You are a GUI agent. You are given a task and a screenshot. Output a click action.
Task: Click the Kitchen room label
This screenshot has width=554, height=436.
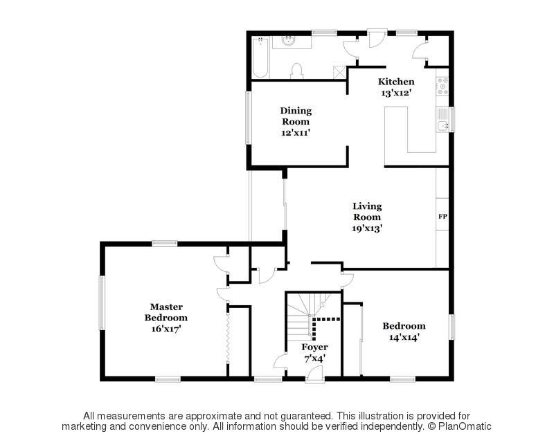[396, 82]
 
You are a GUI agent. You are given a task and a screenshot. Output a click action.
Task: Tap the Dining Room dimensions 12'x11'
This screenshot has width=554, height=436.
[296, 133]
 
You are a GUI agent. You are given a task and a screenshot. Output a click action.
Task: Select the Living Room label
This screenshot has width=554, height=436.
[367, 212]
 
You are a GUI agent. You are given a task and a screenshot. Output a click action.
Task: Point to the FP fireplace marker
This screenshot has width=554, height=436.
[443, 217]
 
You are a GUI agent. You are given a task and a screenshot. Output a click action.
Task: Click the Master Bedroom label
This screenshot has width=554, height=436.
[166, 312]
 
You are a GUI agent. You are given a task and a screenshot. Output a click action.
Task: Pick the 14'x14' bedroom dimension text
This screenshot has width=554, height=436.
[404, 337]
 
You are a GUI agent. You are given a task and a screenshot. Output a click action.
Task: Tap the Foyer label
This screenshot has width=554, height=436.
[314, 347]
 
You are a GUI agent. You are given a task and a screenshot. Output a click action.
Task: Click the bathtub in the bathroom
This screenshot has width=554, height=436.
[260, 57]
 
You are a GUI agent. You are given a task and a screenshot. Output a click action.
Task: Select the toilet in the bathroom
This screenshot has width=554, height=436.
[297, 71]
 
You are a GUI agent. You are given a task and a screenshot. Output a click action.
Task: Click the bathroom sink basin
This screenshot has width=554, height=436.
[289, 42]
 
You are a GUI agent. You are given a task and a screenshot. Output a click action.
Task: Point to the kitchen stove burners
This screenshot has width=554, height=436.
[443, 86]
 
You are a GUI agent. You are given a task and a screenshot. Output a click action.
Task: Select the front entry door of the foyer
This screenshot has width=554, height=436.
[314, 374]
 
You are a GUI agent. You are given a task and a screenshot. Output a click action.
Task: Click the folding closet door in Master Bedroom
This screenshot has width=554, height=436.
[228, 338]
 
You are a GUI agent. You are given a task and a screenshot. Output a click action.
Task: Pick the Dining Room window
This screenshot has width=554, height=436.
[249, 118]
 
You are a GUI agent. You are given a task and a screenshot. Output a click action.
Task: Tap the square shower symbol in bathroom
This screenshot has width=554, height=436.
[339, 73]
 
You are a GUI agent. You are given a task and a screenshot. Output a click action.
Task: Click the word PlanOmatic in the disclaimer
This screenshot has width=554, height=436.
[465, 426]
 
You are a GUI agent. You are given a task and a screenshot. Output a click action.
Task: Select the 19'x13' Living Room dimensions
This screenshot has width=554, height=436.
[367, 228]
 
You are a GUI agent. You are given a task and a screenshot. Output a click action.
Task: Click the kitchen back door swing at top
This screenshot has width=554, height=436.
[373, 39]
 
